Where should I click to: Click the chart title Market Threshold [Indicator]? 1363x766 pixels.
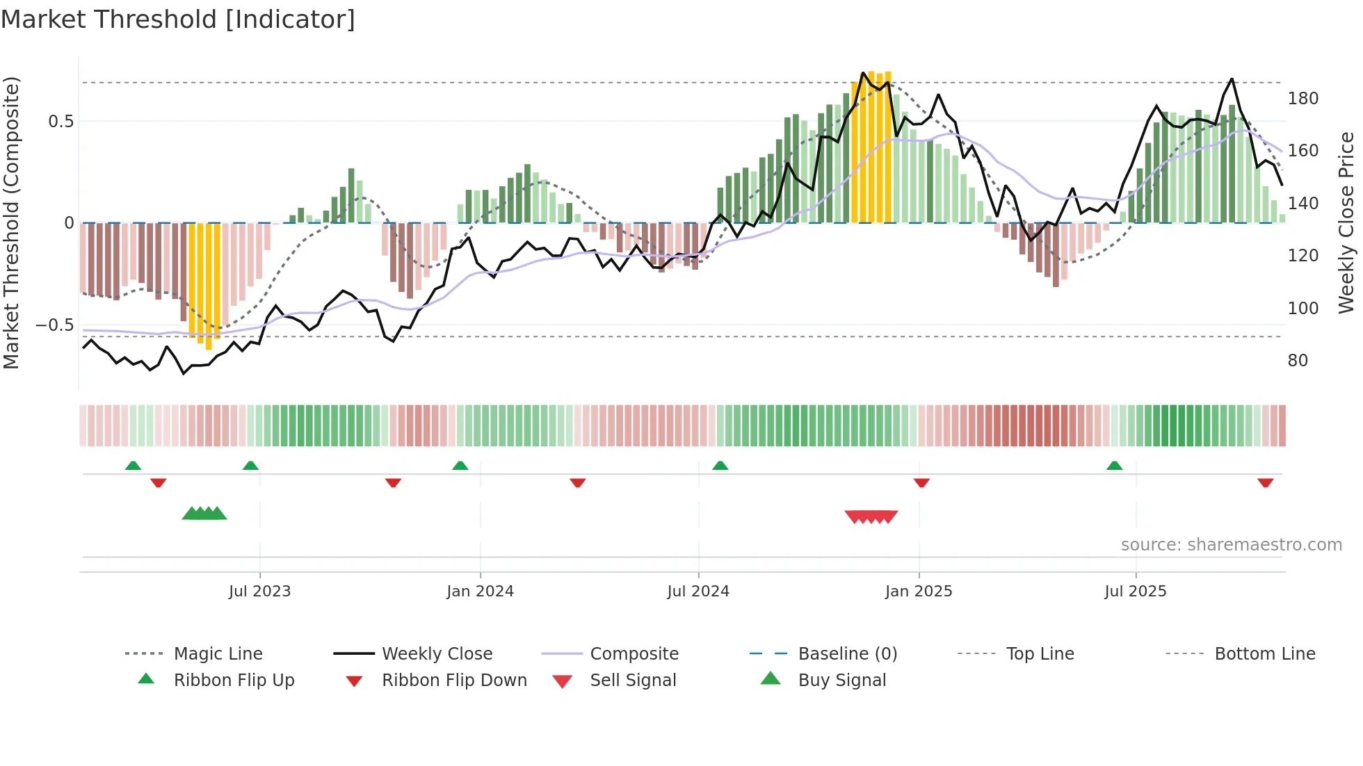(x=178, y=19)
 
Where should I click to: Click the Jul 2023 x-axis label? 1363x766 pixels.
(x=259, y=592)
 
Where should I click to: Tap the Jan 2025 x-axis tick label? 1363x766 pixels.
(x=918, y=592)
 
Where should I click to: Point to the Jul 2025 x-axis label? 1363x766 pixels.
(x=1135, y=592)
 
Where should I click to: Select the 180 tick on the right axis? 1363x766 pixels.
(x=1302, y=99)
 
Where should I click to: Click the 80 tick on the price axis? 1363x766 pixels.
(x=1298, y=361)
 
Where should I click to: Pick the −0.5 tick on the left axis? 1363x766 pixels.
(x=54, y=325)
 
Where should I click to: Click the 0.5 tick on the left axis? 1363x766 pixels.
(x=61, y=122)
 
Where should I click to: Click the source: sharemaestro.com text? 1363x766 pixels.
(x=1231, y=545)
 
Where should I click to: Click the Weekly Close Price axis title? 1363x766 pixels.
(x=1346, y=222)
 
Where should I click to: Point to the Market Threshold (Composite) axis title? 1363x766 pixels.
(x=11, y=222)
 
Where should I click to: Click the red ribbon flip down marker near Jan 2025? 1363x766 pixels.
(x=921, y=482)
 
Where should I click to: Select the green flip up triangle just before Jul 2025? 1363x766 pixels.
(x=1114, y=466)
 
